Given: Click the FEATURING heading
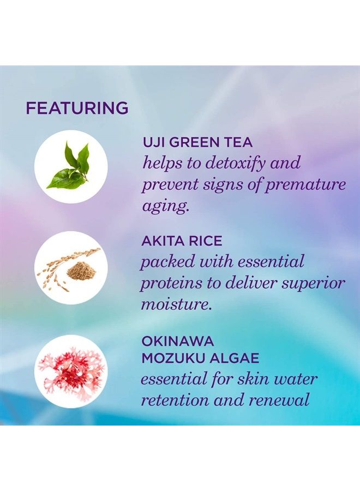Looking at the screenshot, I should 77,108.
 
